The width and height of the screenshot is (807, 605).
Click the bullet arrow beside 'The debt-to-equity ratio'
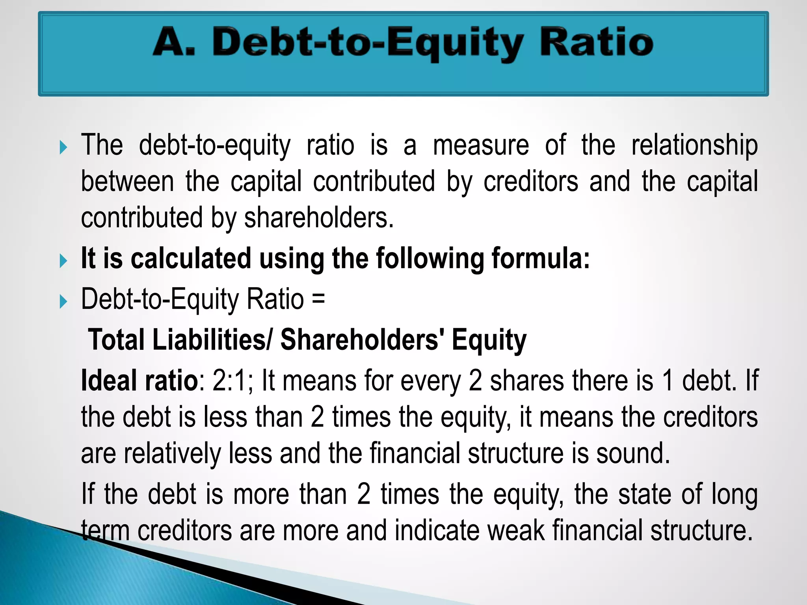point(63,148)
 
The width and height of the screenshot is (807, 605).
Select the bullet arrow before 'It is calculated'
point(63,261)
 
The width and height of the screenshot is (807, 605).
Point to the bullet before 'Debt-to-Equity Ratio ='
point(63,302)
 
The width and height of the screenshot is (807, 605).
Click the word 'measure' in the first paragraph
point(481,146)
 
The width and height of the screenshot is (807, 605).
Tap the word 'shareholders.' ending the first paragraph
point(319,218)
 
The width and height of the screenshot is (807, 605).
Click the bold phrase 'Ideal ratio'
point(139,381)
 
